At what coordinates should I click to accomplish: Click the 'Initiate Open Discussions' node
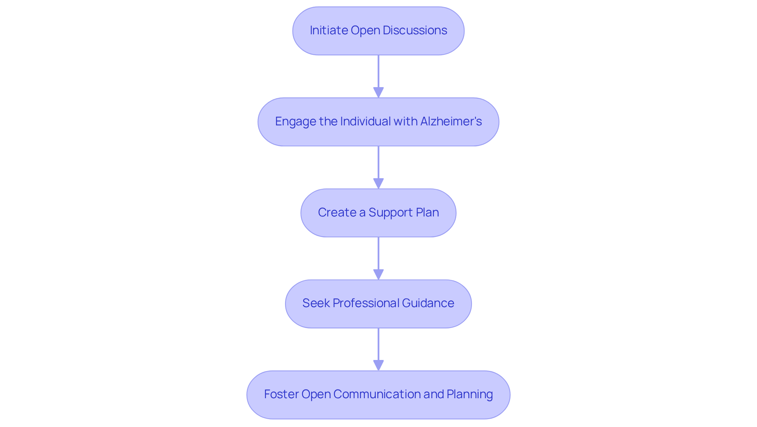[x=378, y=31]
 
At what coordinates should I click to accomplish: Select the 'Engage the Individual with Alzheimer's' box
[x=378, y=122]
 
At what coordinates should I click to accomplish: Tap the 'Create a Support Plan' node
[x=378, y=213]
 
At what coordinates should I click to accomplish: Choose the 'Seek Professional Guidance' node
[x=378, y=304]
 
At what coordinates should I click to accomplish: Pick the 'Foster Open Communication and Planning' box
[x=378, y=395]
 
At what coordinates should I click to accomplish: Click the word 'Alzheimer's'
[x=451, y=121]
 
